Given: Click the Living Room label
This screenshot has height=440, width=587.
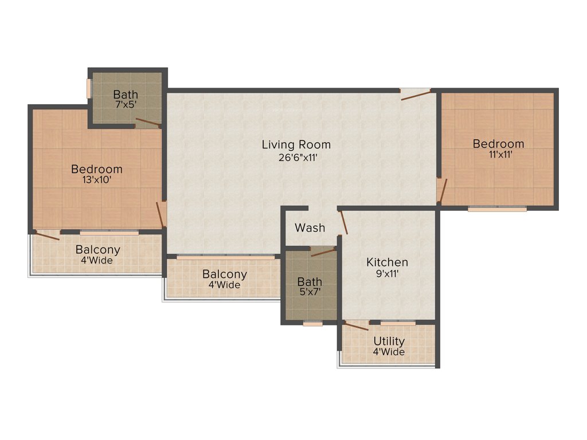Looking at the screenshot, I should [x=296, y=144].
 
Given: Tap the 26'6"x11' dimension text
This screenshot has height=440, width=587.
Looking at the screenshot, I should [x=296, y=157].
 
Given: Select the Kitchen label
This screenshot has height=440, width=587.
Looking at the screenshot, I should [x=388, y=262].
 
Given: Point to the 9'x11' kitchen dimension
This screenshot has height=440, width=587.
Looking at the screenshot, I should [x=388, y=274].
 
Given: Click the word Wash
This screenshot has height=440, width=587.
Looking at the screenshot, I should [x=310, y=228].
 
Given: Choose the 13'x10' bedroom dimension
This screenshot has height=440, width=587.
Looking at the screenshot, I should [x=97, y=180].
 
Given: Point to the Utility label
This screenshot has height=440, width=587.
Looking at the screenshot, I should [x=389, y=341].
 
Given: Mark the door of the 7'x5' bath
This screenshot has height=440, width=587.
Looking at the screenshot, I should [x=148, y=122].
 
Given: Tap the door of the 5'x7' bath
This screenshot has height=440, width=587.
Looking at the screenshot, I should [x=324, y=252].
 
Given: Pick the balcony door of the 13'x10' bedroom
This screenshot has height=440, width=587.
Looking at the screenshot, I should [x=47, y=235].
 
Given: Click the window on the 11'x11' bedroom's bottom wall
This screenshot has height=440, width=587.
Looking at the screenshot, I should [x=497, y=209].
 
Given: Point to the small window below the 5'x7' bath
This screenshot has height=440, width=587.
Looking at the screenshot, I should [x=312, y=324].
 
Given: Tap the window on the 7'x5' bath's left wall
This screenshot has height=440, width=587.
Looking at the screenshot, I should [x=89, y=88].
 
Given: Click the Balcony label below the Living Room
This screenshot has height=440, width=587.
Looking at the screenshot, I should [x=225, y=274].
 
